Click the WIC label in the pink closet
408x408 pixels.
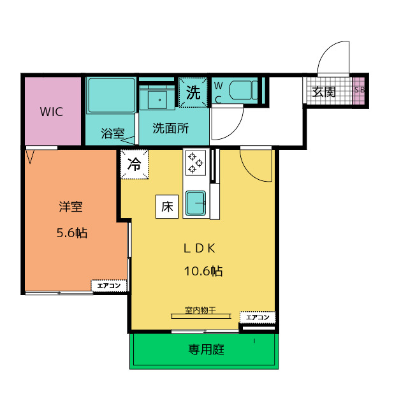pos(52,112)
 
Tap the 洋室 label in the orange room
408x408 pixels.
pos(71,207)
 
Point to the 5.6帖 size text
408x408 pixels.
pos(72,233)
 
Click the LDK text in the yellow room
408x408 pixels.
pos(200,249)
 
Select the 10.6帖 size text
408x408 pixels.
pos(203,271)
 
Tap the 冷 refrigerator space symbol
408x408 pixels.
pos(135,164)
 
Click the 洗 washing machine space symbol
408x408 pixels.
pos(193,92)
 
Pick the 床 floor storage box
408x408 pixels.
pos(167,207)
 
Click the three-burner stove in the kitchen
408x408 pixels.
pos(196,163)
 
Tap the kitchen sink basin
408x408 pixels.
pos(196,203)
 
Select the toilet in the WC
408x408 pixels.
pos(243,90)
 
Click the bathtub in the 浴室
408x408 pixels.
pos(112,96)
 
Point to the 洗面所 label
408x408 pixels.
pos(170,128)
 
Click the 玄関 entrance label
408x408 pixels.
pos(324,92)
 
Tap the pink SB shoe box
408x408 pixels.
pos(359,91)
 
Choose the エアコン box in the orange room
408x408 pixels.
pos(109,286)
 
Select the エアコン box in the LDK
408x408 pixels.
pos(258,317)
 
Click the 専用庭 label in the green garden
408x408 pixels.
pos(207,349)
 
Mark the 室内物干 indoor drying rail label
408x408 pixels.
pos(200,310)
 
